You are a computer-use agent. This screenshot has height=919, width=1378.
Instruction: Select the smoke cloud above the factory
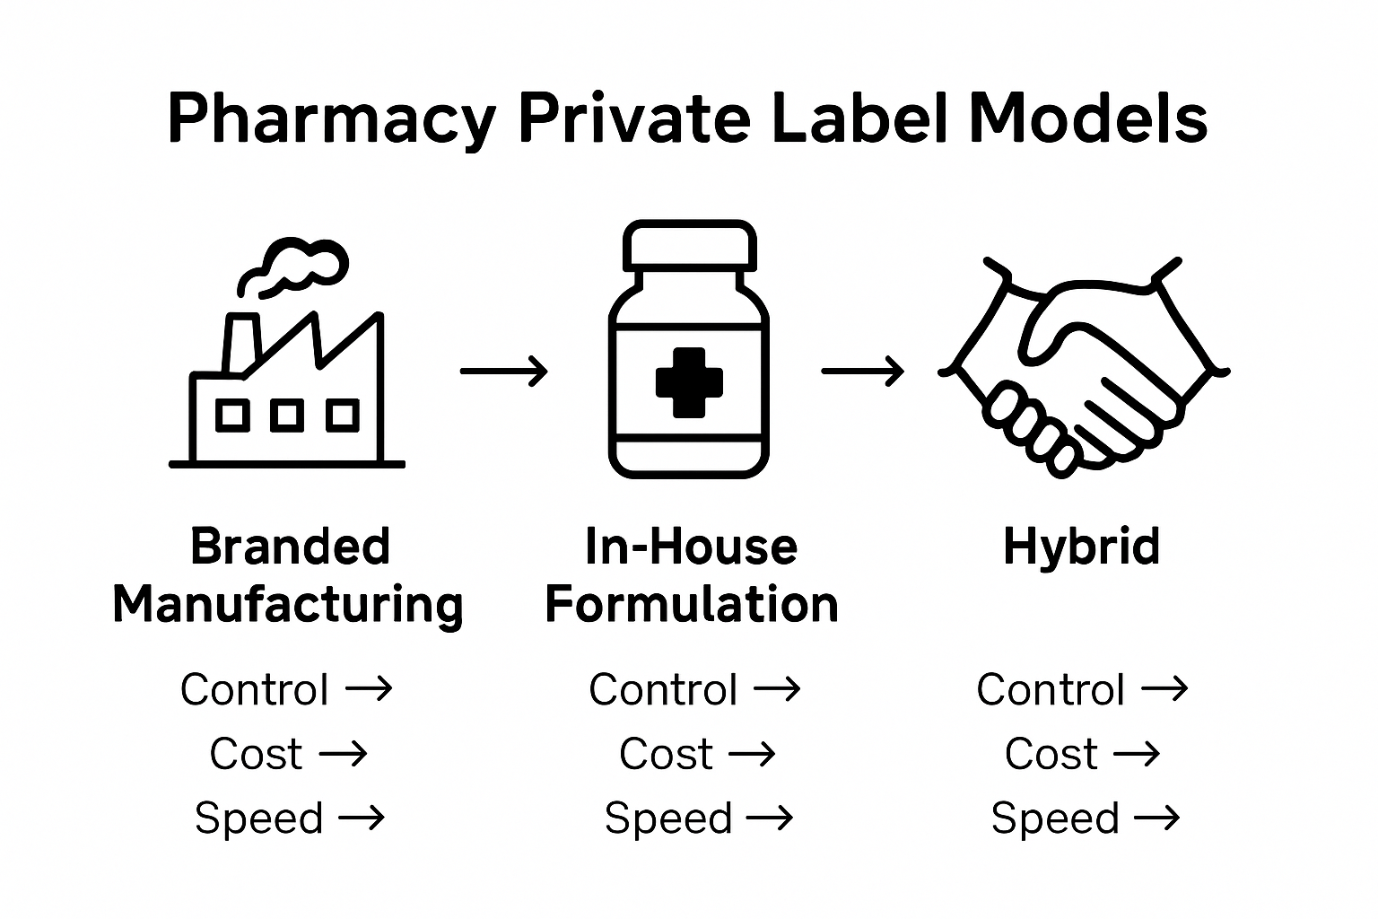tap(296, 264)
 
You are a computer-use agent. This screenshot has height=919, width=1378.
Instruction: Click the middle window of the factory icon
tap(286, 416)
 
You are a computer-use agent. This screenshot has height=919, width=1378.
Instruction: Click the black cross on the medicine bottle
tap(689, 381)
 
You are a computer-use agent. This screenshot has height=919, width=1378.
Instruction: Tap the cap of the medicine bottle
tap(689, 242)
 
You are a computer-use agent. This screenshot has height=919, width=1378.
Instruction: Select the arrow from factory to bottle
tap(503, 370)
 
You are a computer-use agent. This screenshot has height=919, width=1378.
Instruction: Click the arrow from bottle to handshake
tap(862, 370)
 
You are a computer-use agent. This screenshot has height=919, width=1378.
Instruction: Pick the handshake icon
tap(1084, 368)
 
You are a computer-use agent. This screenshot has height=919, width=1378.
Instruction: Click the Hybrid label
tap(1081, 547)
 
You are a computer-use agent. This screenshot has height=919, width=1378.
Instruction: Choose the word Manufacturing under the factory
tap(288, 604)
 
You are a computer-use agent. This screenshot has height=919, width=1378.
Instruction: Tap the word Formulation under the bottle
tap(691, 604)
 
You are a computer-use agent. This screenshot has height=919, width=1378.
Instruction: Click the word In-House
tap(691, 547)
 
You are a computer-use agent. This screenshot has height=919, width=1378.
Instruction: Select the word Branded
tap(290, 547)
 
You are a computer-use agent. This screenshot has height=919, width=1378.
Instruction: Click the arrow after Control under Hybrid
tap(1164, 689)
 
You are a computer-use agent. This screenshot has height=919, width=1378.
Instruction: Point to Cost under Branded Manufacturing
tap(256, 754)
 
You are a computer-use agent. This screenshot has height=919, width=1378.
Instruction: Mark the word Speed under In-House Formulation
tap(668, 818)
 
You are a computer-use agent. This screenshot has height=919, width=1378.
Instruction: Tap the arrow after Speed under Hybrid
tap(1157, 818)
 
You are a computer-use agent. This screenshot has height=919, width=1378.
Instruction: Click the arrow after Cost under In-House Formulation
tap(752, 754)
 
